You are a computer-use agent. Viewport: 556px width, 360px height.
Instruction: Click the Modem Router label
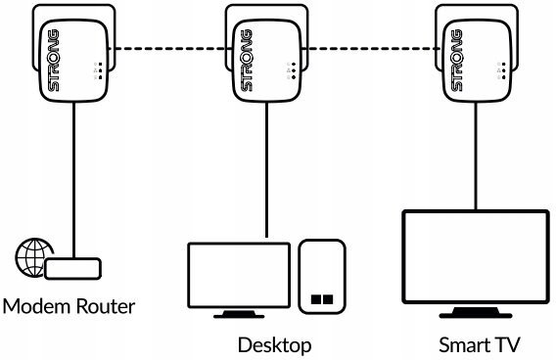(69, 306)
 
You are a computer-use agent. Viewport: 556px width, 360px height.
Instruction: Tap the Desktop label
(274, 345)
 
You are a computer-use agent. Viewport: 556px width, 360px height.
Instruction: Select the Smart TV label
(479, 344)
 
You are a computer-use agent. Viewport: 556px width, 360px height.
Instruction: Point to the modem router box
(73, 269)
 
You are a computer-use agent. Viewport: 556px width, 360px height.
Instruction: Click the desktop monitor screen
(239, 275)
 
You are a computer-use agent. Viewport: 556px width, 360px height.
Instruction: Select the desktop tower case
(322, 277)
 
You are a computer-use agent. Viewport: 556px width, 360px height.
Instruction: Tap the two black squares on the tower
(322, 299)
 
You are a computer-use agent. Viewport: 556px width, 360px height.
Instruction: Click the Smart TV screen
(476, 257)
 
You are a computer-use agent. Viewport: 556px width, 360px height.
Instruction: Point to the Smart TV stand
(476, 312)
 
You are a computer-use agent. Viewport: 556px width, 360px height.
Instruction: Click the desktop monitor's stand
(239, 314)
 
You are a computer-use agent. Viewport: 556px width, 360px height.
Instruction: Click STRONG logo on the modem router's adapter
(54, 61)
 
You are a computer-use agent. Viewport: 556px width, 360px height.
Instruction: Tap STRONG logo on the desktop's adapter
(247, 61)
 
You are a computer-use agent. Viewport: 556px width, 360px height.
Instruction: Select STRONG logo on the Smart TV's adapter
(457, 61)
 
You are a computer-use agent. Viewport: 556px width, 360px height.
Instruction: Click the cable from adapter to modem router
(73, 180)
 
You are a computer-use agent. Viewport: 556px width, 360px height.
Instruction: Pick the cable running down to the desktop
(266, 169)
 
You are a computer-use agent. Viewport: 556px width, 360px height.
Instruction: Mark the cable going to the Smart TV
(476, 156)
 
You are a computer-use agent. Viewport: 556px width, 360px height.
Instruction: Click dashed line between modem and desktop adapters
(170, 49)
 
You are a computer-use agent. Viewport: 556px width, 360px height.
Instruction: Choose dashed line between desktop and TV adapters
(372, 49)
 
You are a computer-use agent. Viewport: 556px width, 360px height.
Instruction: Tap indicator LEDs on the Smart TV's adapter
(501, 70)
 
